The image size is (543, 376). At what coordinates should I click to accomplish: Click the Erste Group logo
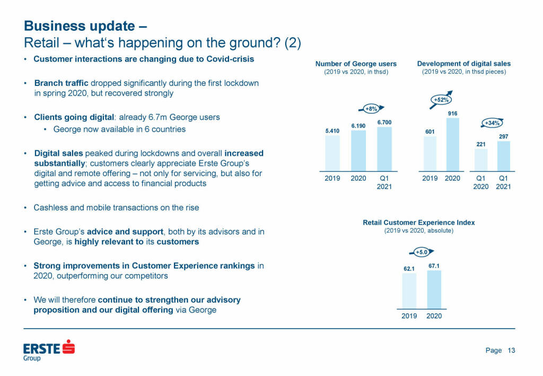tap(49, 349)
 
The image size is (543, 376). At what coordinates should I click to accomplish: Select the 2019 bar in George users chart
tap(332, 153)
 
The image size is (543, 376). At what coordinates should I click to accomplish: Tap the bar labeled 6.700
tap(384, 149)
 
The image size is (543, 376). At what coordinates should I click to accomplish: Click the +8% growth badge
tap(371, 109)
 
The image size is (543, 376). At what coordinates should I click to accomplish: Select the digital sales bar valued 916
tap(452, 144)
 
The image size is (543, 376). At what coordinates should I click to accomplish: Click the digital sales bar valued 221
tap(481, 160)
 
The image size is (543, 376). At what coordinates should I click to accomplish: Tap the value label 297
tap(504, 136)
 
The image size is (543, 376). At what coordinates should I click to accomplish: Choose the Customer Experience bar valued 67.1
tap(434, 290)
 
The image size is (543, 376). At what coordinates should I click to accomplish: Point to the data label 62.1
tap(409, 268)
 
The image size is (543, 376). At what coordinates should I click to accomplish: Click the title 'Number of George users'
tap(356, 64)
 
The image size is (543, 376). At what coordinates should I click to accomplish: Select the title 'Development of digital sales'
tap(464, 64)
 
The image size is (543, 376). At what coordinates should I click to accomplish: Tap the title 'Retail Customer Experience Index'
tap(418, 223)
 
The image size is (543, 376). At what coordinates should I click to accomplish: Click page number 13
tap(511, 350)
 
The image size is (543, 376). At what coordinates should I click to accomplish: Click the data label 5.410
tap(332, 130)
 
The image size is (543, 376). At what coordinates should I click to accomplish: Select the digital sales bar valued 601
tap(430, 154)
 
